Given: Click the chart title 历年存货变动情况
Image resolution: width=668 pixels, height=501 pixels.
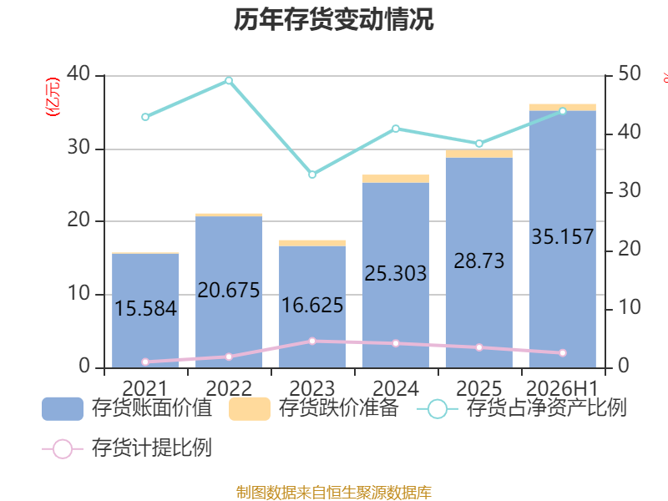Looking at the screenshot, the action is coord(333,19).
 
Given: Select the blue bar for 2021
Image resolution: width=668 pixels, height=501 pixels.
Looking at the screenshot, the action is coord(145,311).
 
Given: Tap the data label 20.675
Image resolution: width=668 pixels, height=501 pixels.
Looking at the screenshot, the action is coord(229,291).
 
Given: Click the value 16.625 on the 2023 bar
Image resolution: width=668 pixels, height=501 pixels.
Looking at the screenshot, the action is coord(312,306).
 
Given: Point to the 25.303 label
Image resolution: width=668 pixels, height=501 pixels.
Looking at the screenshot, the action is coord(396,274).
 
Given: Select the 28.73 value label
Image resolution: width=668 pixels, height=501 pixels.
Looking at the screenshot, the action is coord(479,261).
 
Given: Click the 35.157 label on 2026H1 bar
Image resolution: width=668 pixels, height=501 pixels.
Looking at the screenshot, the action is coord(563,237).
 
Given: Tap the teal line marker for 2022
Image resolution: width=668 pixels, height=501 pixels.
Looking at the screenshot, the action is coord(229,80).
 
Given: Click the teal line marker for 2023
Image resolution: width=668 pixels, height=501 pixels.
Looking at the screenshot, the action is coord(312,175).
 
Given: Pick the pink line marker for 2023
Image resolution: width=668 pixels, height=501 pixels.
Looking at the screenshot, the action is coord(312,342).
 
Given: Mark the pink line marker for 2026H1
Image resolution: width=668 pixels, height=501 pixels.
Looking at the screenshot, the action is coord(563,352).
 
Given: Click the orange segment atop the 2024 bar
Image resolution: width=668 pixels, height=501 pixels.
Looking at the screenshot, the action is coord(396,179).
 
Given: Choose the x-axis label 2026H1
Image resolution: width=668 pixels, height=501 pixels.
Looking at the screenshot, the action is coord(563,388).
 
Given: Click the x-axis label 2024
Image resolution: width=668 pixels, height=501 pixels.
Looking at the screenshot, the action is coord(396,388).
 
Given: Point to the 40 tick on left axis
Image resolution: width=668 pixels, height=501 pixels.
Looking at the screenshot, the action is coord(78,73).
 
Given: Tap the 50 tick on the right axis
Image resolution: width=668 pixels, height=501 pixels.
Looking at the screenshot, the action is coord(630,73).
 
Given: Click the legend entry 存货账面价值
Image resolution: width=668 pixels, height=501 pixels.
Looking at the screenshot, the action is coord(127,408).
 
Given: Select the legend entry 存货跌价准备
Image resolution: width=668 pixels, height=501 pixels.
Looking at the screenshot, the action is coord(314,408).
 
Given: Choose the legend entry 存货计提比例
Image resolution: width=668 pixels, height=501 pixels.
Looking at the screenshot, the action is coord(127,448).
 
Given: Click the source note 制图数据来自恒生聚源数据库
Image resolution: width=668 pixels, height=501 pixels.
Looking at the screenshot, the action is coord(334,493).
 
